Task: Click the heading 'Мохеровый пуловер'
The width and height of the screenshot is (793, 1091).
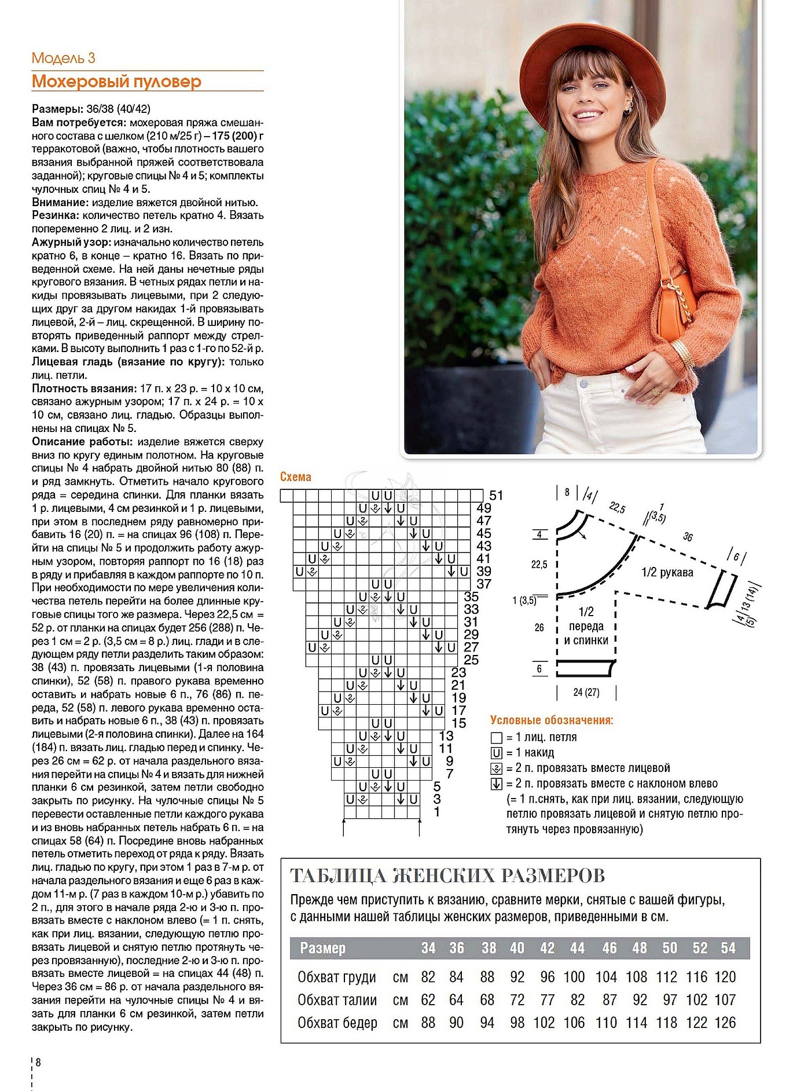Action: tap(116, 82)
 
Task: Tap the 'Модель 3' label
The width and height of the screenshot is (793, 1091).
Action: tap(63, 58)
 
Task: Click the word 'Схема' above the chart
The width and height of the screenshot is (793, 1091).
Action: tap(295, 477)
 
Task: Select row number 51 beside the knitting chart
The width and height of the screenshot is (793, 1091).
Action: tap(496, 496)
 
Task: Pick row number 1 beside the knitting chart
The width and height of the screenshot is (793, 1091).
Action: tap(437, 812)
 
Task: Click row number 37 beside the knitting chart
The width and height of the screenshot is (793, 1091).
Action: tap(484, 584)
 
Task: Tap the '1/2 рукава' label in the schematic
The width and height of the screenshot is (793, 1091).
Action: tap(667, 573)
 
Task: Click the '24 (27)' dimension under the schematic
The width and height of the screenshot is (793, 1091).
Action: tap(586, 692)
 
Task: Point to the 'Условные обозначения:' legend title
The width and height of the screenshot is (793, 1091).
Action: tap(552, 720)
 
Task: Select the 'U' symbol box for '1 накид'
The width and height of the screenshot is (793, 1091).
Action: tap(496, 753)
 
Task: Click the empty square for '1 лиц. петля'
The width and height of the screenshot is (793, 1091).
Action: tap(496, 738)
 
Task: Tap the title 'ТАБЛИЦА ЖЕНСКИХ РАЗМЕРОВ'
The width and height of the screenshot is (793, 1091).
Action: tap(447, 875)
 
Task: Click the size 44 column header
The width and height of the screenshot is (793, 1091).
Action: tap(577, 948)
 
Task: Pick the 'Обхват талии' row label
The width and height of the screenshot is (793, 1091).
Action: tap(337, 1000)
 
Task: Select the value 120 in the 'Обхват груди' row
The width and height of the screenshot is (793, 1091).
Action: tap(725, 977)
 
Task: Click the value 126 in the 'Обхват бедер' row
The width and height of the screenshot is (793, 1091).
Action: tap(725, 1023)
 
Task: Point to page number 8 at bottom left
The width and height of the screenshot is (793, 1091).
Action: tap(38, 1062)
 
